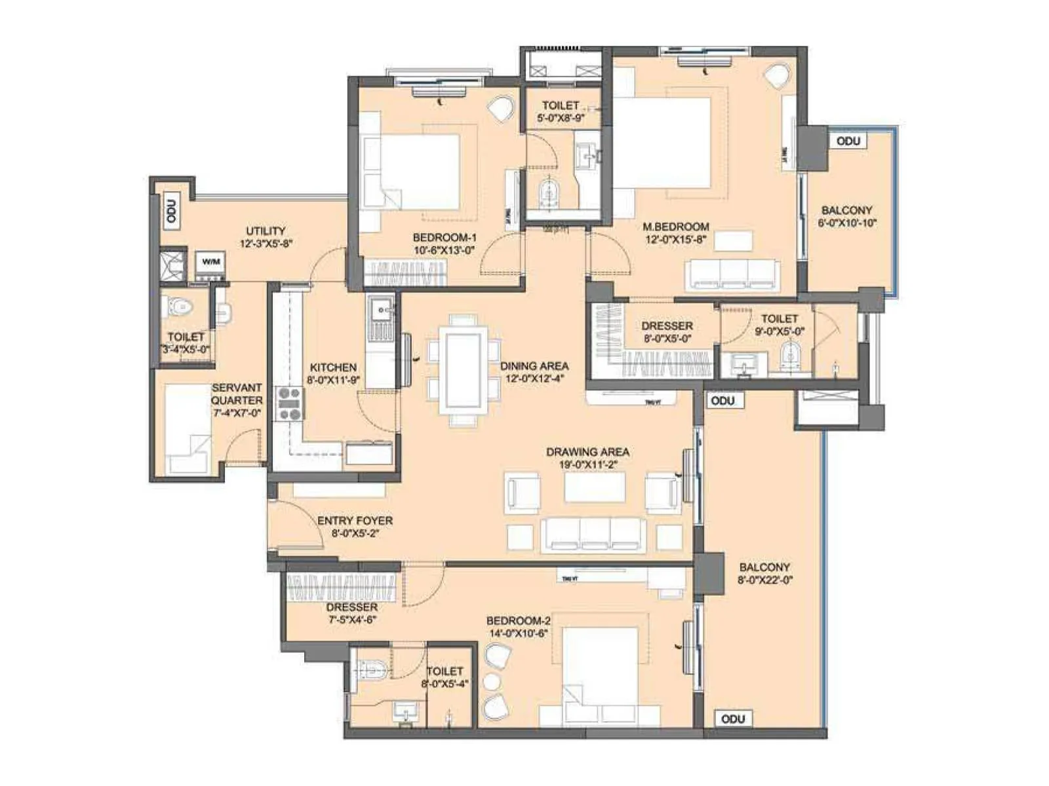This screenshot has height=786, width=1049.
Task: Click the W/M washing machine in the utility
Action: tap(210, 263)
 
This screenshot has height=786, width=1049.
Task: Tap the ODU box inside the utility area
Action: tap(172, 212)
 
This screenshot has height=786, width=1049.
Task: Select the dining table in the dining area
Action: tap(463, 370)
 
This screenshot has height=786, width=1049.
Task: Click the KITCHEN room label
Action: tap(333, 367)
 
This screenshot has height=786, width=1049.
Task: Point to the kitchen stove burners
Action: tap(290, 404)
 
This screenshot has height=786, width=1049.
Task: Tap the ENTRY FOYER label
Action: tap(355, 521)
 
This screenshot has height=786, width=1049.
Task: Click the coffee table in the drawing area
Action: tap(594, 487)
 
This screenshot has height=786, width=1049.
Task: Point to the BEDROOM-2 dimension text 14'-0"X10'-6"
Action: tap(518, 633)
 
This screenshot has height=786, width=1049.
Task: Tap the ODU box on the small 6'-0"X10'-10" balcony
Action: tap(848, 141)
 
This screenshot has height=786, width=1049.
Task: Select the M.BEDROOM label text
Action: tap(675, 227)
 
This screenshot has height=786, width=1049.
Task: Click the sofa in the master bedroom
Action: tap(733, 274)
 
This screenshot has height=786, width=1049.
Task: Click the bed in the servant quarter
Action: tap(188, 429)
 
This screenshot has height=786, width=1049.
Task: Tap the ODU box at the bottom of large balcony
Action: tap(732, 719)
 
